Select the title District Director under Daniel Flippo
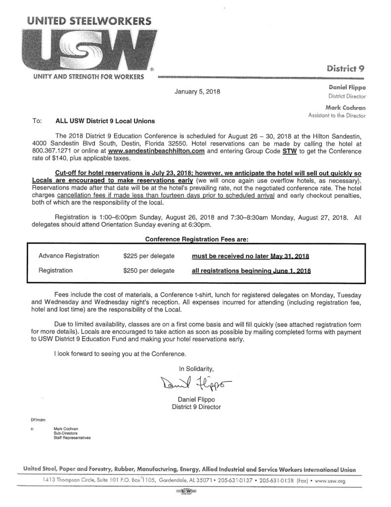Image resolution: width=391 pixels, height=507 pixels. (346, 96)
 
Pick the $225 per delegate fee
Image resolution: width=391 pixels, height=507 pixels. (149, 256)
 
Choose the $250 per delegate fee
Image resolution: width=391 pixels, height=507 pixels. (149, 271)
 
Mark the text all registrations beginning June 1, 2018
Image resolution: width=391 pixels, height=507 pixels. (252, 271)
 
